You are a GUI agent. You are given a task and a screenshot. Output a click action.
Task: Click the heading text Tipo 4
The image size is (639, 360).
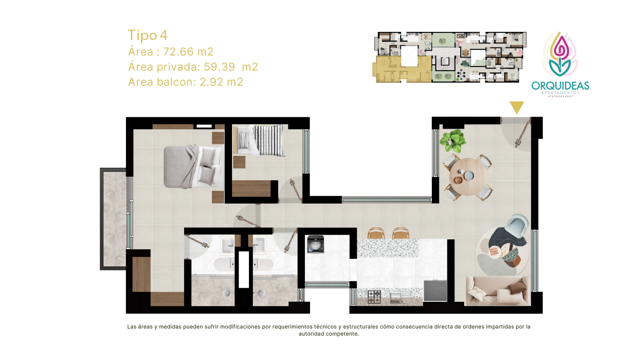(x=147, y=36)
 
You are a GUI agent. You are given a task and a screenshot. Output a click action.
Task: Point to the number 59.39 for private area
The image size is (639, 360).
(x=219, y=67)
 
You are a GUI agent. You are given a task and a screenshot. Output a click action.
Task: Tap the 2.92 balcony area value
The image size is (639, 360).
(x=211, y=82)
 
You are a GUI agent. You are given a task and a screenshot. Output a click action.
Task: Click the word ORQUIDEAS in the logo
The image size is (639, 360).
(x=560, y=86)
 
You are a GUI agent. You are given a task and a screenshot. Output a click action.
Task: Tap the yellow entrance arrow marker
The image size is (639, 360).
(x=517, y=107)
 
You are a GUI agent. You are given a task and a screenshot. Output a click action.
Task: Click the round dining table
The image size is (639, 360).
(x=468, y=177)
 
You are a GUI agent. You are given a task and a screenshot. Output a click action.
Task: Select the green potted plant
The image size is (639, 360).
(x=453, y=141)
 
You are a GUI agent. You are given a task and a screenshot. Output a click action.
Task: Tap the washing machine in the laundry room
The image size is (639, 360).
(x=316, y=244)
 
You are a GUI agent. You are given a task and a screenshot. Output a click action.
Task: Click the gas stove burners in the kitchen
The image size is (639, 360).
(x=374, y=297)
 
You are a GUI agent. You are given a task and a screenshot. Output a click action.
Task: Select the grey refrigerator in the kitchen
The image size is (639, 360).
(x=435, y=291)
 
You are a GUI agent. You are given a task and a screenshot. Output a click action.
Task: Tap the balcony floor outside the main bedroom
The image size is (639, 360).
(x=114, y=219)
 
